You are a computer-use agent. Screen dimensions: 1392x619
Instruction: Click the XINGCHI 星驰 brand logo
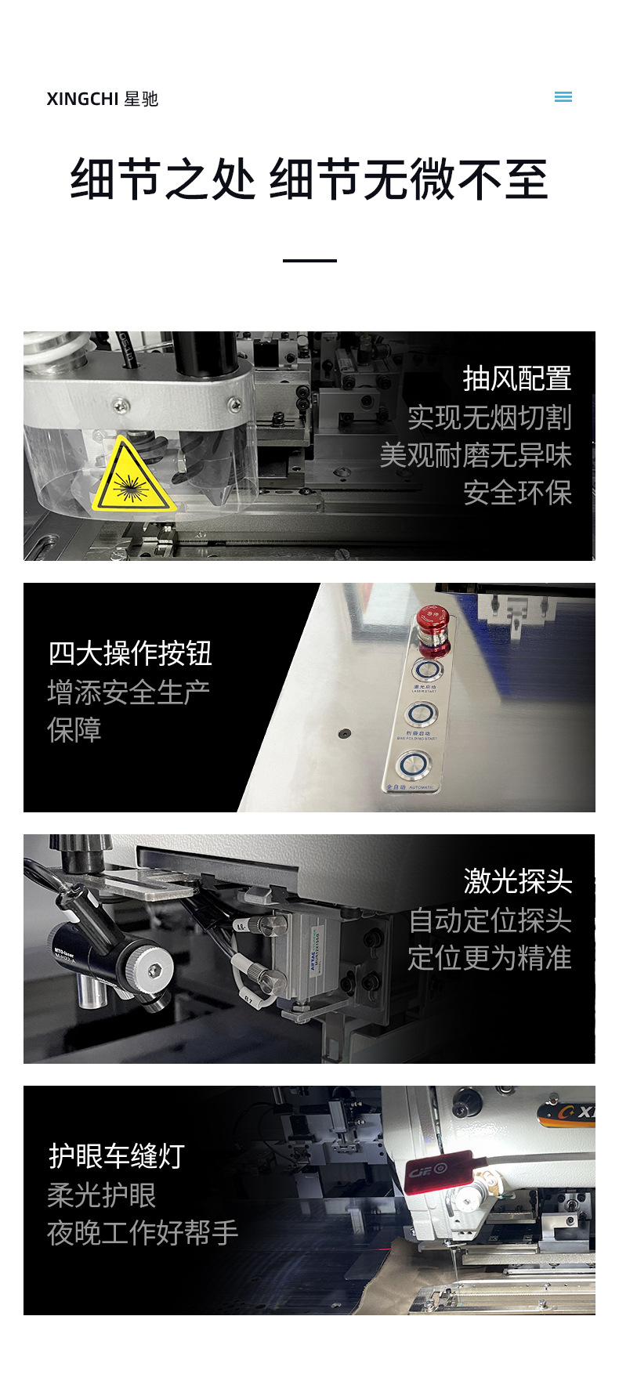[102, 99]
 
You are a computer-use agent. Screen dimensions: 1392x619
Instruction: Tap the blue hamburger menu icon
[563, 97]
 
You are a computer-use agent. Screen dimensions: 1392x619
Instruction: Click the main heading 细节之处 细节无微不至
[309, 179]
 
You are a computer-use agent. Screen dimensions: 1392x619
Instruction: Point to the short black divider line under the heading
[309, 260]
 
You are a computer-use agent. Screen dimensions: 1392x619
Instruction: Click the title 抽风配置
[516, 379]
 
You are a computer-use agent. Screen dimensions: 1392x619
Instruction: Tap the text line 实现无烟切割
[489, 418]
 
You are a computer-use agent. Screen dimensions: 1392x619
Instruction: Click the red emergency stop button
[430, 623]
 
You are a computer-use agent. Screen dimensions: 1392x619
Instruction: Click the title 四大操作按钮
[130, 653]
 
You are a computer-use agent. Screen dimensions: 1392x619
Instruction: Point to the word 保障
[74, 730]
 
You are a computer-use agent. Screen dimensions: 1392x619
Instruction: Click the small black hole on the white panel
[343, 734]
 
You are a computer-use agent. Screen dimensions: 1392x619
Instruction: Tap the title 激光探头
[517, 881]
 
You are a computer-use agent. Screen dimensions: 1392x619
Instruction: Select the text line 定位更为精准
[489, 958]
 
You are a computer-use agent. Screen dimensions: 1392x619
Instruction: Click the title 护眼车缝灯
[117, 1156]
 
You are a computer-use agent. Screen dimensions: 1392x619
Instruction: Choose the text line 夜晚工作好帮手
[143, 1233]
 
